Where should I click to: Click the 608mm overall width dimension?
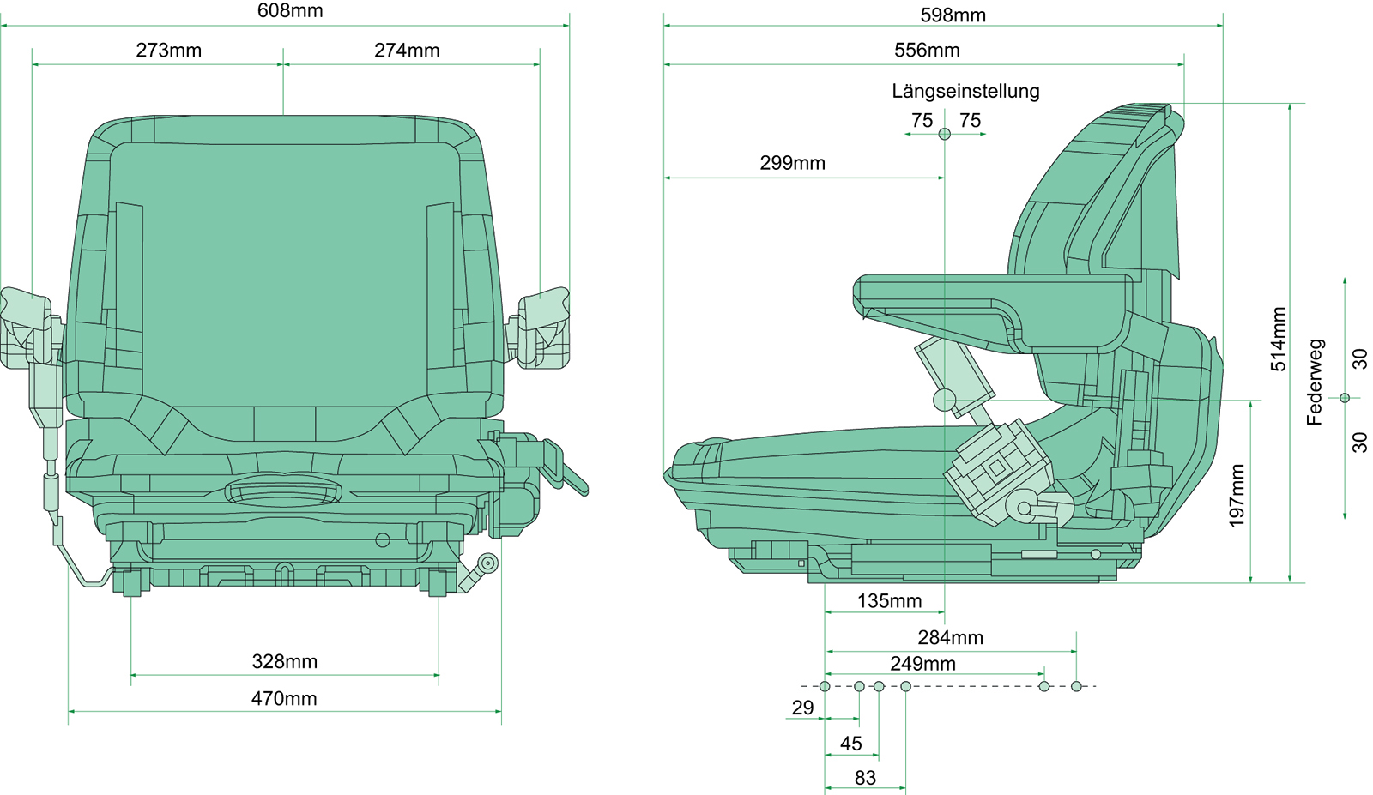pos(290,11)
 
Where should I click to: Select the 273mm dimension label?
pos(169,51)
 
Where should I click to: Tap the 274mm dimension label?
pos(407,51)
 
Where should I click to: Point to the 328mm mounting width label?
pos(285,661)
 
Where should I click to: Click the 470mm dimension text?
pos(284,699)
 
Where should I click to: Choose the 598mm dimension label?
pos(953,15)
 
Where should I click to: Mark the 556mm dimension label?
pos(927,51)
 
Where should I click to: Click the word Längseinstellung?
pos(965,91)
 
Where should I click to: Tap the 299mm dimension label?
pos(792,163)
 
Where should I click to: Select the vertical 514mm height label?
pos(1279,340)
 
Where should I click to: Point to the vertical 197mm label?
pos(1237,496)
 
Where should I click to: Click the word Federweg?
pos(1315,382)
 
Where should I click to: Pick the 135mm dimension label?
pos(889,601)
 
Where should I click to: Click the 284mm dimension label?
pos(950,638)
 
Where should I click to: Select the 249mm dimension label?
pos(922,664)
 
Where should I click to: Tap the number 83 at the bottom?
pos(865,778)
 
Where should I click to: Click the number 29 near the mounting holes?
pos(802,708)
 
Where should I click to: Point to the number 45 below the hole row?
pos(850,744)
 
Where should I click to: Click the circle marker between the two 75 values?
pos(945,134)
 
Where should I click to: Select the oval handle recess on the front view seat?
pos(283,491)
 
